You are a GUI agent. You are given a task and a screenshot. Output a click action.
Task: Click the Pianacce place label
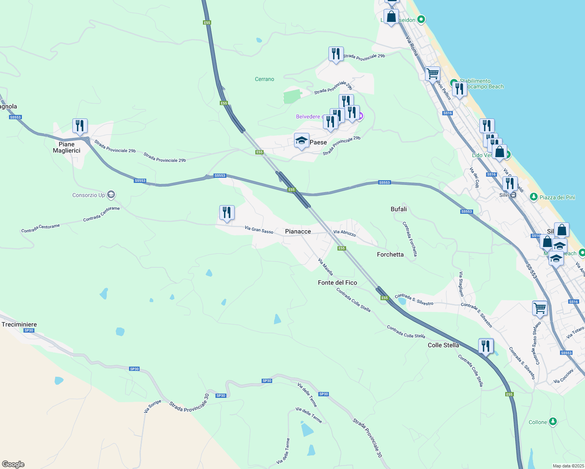298,231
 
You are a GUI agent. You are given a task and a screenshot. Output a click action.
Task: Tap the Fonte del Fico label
337,283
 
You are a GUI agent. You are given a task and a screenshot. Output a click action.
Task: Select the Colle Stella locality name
443,345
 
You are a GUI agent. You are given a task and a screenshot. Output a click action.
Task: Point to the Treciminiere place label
19,324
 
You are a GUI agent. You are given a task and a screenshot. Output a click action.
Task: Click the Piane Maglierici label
66,147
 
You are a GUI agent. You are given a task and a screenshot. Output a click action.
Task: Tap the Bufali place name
398,209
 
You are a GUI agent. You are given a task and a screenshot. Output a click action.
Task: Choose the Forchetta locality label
390,254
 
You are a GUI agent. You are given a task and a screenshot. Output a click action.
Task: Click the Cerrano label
264,79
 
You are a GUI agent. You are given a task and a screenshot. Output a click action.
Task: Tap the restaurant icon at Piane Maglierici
80,126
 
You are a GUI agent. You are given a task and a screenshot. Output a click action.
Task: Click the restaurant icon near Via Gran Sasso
227,213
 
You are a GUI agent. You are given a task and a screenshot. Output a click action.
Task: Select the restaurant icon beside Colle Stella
486,346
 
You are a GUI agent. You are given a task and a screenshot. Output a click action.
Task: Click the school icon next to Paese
301,140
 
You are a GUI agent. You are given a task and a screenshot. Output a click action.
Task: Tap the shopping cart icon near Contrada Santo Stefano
540,308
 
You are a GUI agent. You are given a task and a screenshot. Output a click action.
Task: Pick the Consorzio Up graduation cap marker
111,195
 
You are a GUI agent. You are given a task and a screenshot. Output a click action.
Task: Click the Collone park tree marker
553,422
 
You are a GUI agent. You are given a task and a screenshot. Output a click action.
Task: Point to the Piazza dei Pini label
557,197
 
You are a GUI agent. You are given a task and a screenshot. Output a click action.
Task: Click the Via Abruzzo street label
345,233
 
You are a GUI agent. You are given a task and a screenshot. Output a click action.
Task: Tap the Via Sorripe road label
152,406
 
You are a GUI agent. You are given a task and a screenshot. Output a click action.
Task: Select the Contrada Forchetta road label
410,239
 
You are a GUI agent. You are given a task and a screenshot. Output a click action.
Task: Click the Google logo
13,464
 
